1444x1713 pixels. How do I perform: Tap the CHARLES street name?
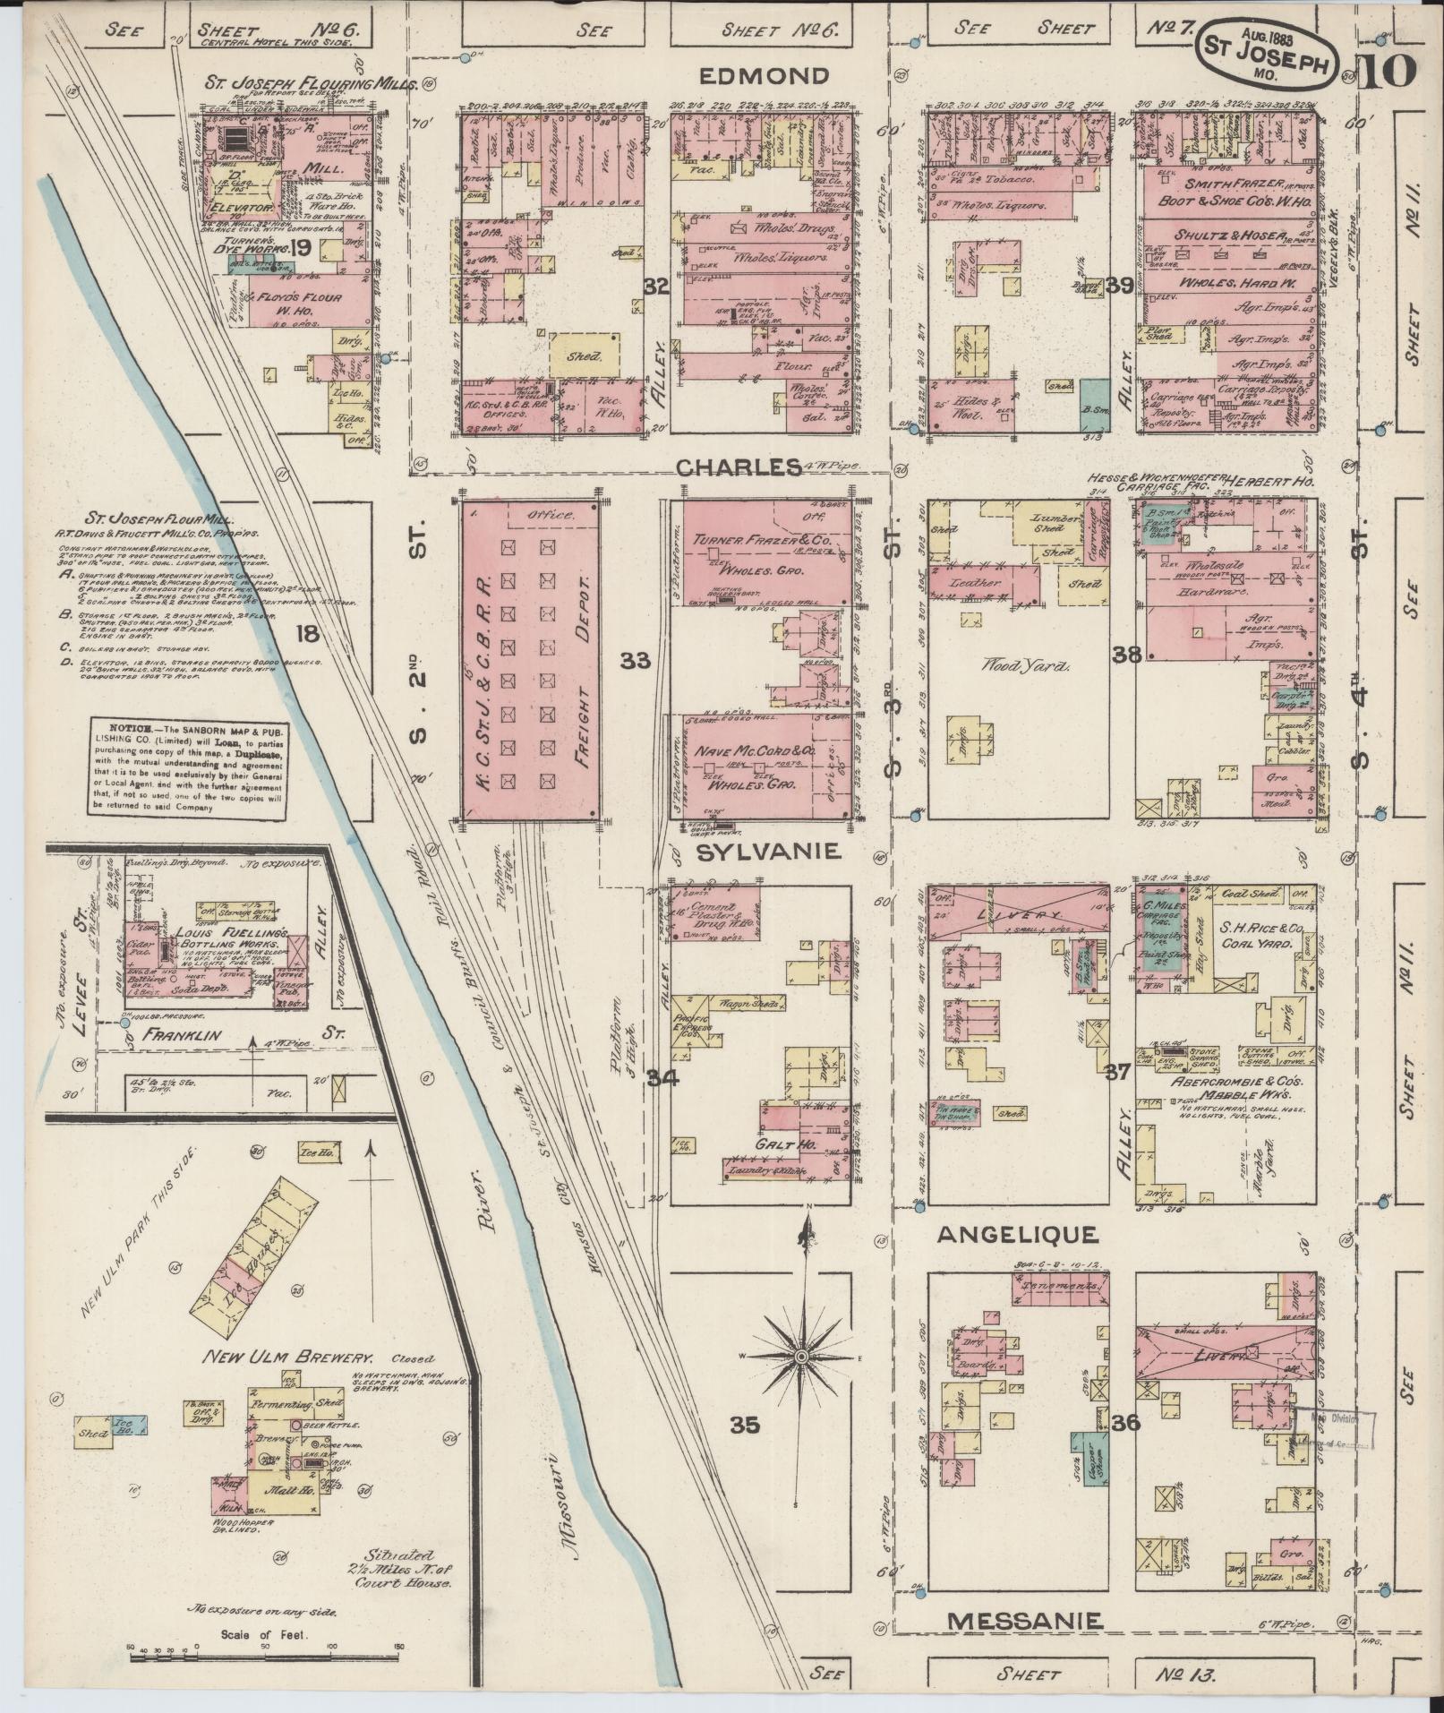739,467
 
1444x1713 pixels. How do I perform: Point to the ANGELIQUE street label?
1016,1236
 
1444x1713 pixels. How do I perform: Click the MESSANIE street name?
1025,1621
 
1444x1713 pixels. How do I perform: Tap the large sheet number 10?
1387,69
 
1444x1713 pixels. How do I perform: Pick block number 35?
745,1426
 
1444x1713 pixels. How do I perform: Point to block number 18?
306,634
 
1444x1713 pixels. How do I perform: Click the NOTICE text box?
188,767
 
